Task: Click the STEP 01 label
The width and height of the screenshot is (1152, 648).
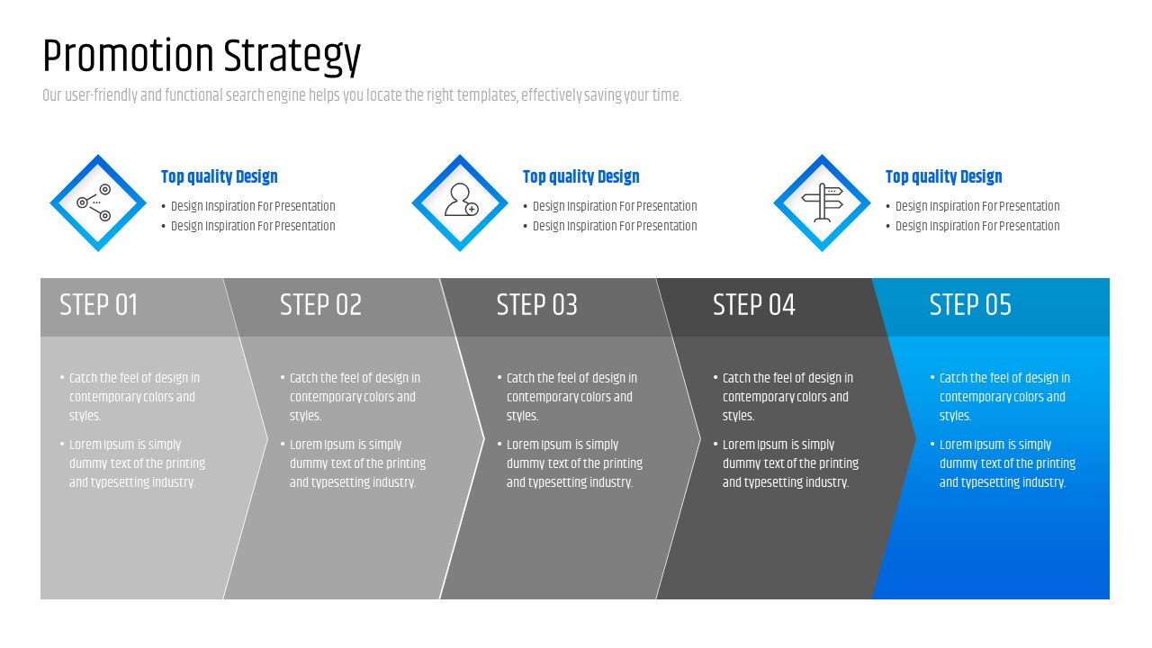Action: (99, 305)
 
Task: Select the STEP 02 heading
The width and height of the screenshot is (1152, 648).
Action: (320, 305)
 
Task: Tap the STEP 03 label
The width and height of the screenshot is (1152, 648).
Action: (536, 305)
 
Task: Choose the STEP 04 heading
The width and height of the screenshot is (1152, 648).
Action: (754, 305)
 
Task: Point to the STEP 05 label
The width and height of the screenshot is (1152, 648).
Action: (970, 305)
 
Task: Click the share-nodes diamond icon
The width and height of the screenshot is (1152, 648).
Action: (97, 202)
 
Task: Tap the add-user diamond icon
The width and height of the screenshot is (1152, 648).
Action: (460, 202)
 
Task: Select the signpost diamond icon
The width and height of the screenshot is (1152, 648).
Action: (822, 202)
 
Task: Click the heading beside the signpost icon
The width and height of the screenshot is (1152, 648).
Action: (943, 177)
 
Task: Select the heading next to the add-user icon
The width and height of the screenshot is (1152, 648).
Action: (580, 177)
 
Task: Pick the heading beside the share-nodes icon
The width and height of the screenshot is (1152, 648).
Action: (219, 177)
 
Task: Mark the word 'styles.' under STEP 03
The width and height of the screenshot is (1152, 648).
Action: (522, 416)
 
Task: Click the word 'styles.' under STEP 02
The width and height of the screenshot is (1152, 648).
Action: (305, 416)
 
